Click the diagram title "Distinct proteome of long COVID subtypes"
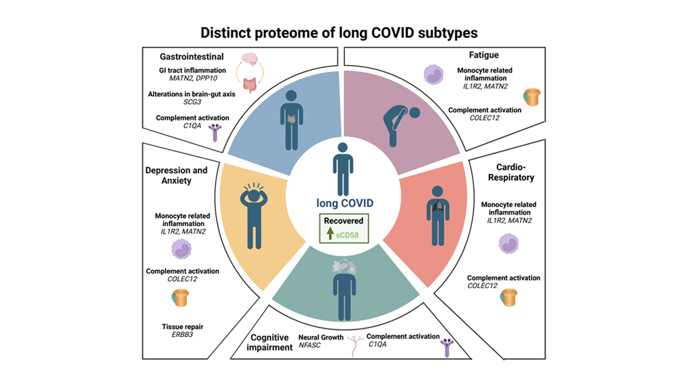339,33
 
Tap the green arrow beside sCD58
330,233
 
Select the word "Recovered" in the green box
343,221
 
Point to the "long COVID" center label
345,203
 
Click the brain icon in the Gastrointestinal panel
250,60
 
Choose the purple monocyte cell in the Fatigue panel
433,74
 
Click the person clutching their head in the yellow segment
254,215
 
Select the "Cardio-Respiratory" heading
511,173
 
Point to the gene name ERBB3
182,335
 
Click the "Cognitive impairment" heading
269,342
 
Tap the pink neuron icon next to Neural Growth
354,345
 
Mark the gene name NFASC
309,345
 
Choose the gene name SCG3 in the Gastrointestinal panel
192,102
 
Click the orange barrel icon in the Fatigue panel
532,97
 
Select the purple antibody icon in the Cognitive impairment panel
447,348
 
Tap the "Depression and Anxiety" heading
176,175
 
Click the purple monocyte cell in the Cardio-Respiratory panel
508,244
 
